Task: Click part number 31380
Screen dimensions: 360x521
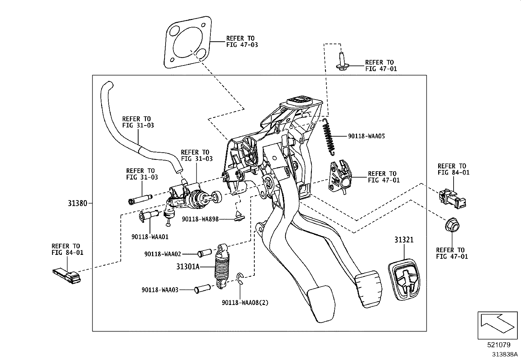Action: [78, 203]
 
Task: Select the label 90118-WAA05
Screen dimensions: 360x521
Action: [366, 136]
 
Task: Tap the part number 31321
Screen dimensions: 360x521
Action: [404, 240]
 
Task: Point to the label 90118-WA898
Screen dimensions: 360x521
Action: [200, 219]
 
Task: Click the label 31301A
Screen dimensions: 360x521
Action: [188, 267]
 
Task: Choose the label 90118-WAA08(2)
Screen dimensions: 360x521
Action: [245, 303]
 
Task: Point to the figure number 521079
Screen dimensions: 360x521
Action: [498, 345]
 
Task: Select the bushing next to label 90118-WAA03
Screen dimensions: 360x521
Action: [202, 290]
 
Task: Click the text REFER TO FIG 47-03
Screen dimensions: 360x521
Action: [242, 41]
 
